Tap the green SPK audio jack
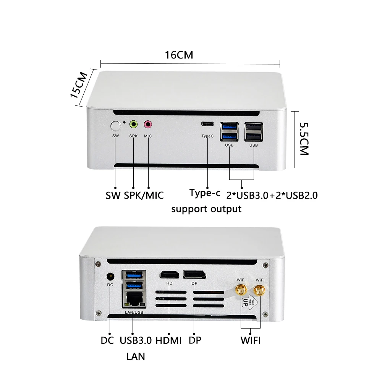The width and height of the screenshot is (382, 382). tap(133, 124)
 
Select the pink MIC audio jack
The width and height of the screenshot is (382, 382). tap(148, 124)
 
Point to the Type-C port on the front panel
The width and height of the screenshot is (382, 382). tap(207, 124)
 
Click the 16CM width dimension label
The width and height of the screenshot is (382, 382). tap(179, 55)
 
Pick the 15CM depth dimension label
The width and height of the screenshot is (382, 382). tap(79, 85)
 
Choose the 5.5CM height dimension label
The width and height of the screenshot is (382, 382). tap(303, 138)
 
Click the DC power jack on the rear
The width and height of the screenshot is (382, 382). tap(110, 276)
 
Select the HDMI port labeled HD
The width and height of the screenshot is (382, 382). tap(170, 274)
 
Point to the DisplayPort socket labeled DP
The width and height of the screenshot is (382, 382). tap(194, 274)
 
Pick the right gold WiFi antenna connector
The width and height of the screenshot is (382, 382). tap(260, 290)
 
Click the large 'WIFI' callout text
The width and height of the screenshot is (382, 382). tap(251, 340)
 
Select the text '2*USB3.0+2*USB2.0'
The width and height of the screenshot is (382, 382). tap(272, 195)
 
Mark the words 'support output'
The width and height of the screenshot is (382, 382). tap(206, 209)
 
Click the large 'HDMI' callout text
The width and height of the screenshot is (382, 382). tap(169, 340)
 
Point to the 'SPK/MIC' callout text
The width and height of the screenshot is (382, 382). tap(144, 195)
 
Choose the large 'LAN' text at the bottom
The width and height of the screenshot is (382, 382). tap(136, 356)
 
